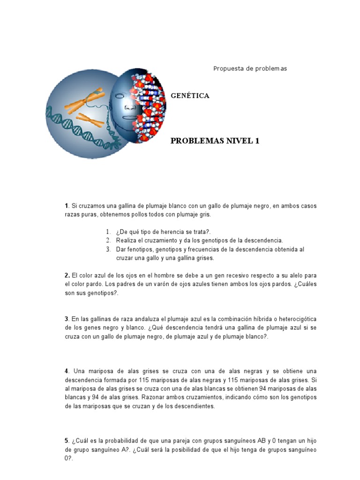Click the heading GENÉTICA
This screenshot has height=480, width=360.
[190, 96]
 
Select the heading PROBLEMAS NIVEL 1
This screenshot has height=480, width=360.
[215, 141]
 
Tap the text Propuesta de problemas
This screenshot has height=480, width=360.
[250, 68]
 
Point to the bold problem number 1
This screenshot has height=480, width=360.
[67, 206]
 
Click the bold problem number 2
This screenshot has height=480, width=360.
[67, 276]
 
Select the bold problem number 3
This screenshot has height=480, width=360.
[67, 319]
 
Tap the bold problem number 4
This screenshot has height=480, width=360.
[67, 371]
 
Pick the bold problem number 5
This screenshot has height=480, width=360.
[67, 441]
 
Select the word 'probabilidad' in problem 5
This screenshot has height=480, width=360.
[112, 441]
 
